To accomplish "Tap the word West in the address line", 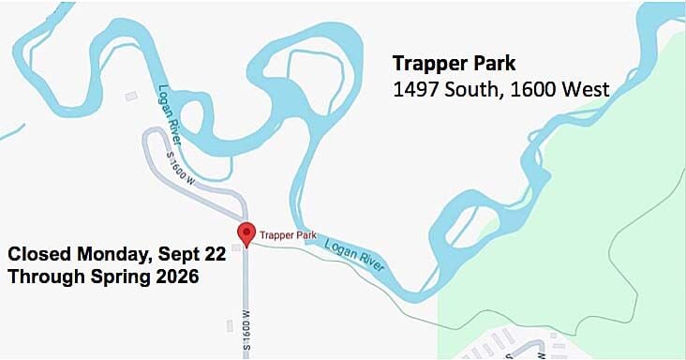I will click(585, 90).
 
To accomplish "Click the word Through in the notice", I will click(42, 277).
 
